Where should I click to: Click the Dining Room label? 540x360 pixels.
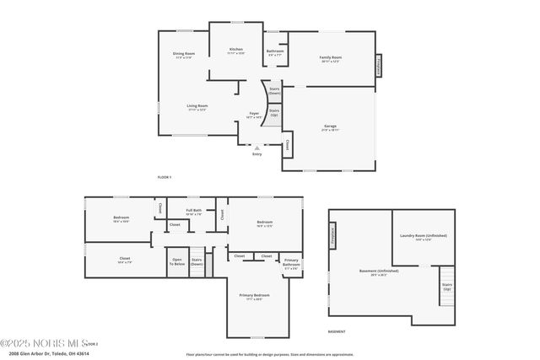184,55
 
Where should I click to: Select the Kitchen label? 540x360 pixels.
236,50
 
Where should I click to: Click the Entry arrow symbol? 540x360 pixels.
256,148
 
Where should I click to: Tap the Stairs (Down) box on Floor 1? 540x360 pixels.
274,89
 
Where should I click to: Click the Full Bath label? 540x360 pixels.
193,211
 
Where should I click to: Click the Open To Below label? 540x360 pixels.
178,261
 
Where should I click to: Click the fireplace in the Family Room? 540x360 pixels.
379,66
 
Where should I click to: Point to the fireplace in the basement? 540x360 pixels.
332,234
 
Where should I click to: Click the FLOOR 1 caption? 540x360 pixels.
165,177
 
